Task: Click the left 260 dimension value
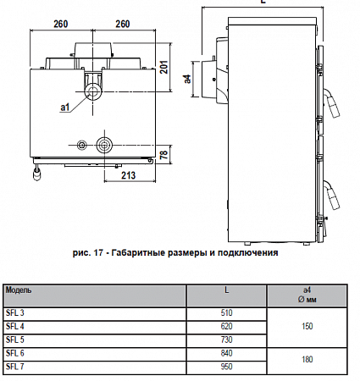(x=61, y=24)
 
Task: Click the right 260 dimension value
(x=123, y=24)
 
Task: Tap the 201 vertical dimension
(x=164, y=67)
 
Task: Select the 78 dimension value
(x=164, y=154)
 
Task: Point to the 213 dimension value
(x=129, y=175)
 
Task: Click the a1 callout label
(x=65, y=108)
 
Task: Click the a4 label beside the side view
(x=187, y=79)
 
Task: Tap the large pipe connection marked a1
(x=92, y=92)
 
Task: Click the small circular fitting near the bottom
(x=82, y=145)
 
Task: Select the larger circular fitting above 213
(x=104, y=145)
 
